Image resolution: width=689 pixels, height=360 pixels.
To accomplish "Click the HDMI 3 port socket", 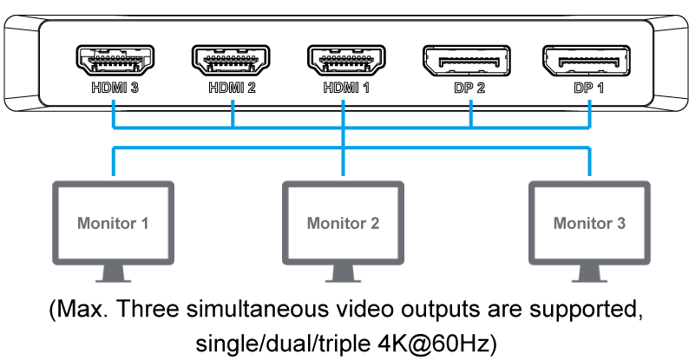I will tap(115, 61).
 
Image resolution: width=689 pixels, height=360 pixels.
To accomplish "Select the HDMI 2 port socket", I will tap(231, 61).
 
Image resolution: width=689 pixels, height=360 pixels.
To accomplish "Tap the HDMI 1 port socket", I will tap(345, 61).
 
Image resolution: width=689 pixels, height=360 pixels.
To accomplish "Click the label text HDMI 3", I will tap(115, 88).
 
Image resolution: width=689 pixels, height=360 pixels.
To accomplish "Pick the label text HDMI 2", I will tap(231, 88).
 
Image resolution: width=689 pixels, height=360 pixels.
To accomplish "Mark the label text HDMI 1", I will tap(345, 88).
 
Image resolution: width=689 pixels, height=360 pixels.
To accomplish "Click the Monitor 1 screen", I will tap(113, 223).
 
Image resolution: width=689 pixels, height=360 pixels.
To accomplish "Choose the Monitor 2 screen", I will tap(343, 223).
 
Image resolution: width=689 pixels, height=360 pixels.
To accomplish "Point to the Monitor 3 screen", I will tap(589, 223).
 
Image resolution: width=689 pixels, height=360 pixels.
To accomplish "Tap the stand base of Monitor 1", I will tap(113, 278).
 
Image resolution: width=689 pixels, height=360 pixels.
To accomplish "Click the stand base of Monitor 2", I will tap(343, 278).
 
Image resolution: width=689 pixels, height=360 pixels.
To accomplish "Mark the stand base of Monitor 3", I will tap(589, 278).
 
